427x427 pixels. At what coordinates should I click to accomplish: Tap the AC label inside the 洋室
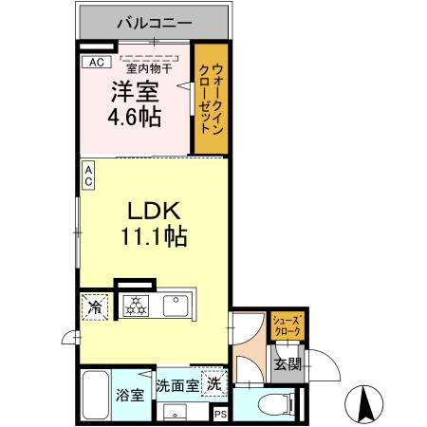[94, 63]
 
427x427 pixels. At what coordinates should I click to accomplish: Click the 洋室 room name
[134, 93]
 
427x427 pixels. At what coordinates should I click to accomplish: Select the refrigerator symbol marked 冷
[95, 306]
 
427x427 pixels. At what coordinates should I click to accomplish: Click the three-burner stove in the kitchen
[136, 306]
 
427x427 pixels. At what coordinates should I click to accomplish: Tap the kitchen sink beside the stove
[176, 306]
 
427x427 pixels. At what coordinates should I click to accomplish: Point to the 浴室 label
[130, 395]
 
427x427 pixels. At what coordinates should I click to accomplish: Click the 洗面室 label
[177, 386]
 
